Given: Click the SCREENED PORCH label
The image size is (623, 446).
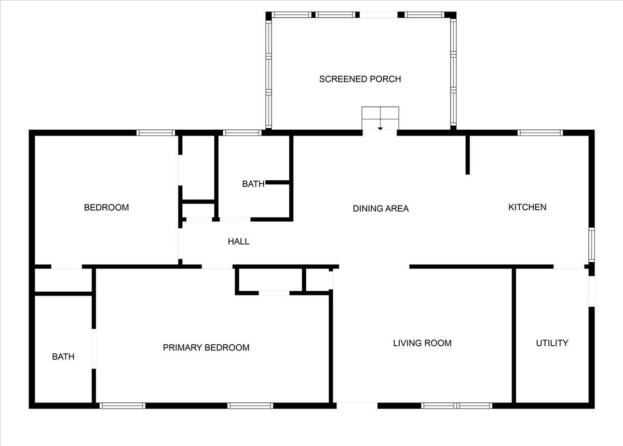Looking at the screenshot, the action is (x=360, y=79).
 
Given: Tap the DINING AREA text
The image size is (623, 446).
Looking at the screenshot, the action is (x=381, y=208).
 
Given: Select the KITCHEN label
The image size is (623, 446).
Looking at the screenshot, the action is (x=527, y=207).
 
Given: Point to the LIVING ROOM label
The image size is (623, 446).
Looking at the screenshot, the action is (x=422, y=343).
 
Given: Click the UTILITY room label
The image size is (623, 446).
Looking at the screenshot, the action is (x=552, y=343).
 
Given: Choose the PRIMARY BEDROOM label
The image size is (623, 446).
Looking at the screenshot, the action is (x=206, y=347).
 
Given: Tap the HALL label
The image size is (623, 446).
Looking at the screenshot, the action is (x=238, y=241).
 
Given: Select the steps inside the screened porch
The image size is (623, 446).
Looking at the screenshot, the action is (x=380, y=118).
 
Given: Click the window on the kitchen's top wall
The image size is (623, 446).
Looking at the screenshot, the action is (x=540, y=133).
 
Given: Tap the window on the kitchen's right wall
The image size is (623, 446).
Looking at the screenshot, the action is (x=591, y=245).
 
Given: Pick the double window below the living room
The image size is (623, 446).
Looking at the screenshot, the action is (x=456, y=406).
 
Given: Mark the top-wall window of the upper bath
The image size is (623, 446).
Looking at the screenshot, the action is (x=242, y=133).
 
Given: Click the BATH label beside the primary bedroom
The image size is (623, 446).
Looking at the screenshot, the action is (x=63, y=357).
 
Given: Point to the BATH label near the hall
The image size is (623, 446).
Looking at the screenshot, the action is (x=253, y=184).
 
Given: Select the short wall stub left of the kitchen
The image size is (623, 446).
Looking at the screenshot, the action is (x=468, y=155).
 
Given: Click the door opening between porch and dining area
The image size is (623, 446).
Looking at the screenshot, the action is (x=380, y=133).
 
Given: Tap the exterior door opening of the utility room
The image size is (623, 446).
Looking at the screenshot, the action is (x=591, y=291).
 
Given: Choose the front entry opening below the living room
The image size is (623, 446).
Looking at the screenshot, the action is (x=357, y=406).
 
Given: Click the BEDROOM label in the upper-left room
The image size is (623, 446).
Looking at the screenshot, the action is (x=106, y=208).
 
